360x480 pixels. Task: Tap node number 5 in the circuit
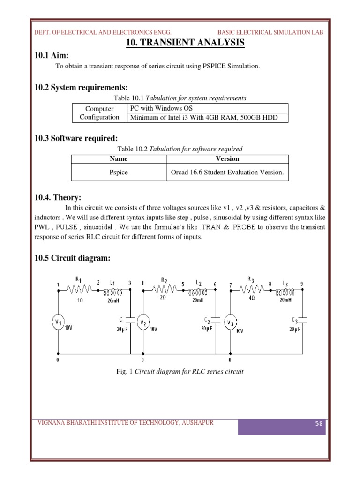183,284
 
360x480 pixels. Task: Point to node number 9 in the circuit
301,284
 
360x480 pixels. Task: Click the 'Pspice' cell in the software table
118,172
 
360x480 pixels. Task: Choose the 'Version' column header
227,159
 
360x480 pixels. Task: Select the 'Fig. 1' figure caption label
125,372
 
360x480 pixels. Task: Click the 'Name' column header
118,159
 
